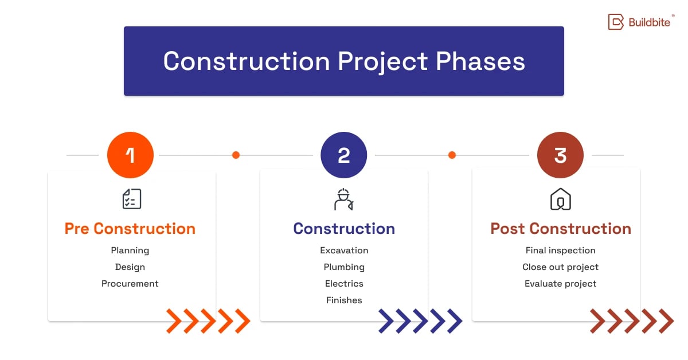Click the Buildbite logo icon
pos(616,22)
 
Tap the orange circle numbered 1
pos(130,155)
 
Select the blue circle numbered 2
pos(343,155)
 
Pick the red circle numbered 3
pos(560,155)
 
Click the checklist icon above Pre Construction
pos(131,199)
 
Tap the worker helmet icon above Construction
pos(343,199)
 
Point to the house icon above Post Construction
pos(560,199)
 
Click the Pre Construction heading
pos(130,229)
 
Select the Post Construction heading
pos(560,229)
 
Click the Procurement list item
pos(130,284)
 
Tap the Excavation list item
pos(344,251)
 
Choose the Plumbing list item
pos(344,267)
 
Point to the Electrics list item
pos(344,284)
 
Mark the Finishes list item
pos(344,300)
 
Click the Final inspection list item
pos(560,251)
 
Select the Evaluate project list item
pos(560,284)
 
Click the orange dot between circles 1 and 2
pos(236,155)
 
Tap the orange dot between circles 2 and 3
pos(452,155)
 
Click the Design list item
pos(130,267)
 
